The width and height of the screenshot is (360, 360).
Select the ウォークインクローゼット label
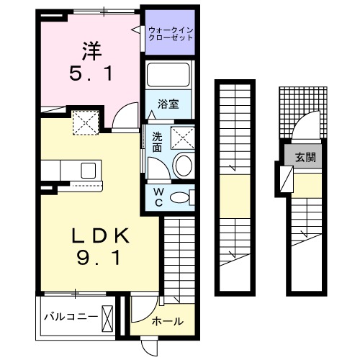tap(170, 34)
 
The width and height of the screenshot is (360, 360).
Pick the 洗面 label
tap(156, 141)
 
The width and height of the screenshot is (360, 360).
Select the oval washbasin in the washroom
tap(183, 165)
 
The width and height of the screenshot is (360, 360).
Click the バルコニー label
tap(69, 316)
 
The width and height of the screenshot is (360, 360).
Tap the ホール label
tap(167, 321)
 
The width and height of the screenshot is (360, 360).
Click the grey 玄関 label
tap(303, 156)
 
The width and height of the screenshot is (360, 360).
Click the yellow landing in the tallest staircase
tap(234, 194)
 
